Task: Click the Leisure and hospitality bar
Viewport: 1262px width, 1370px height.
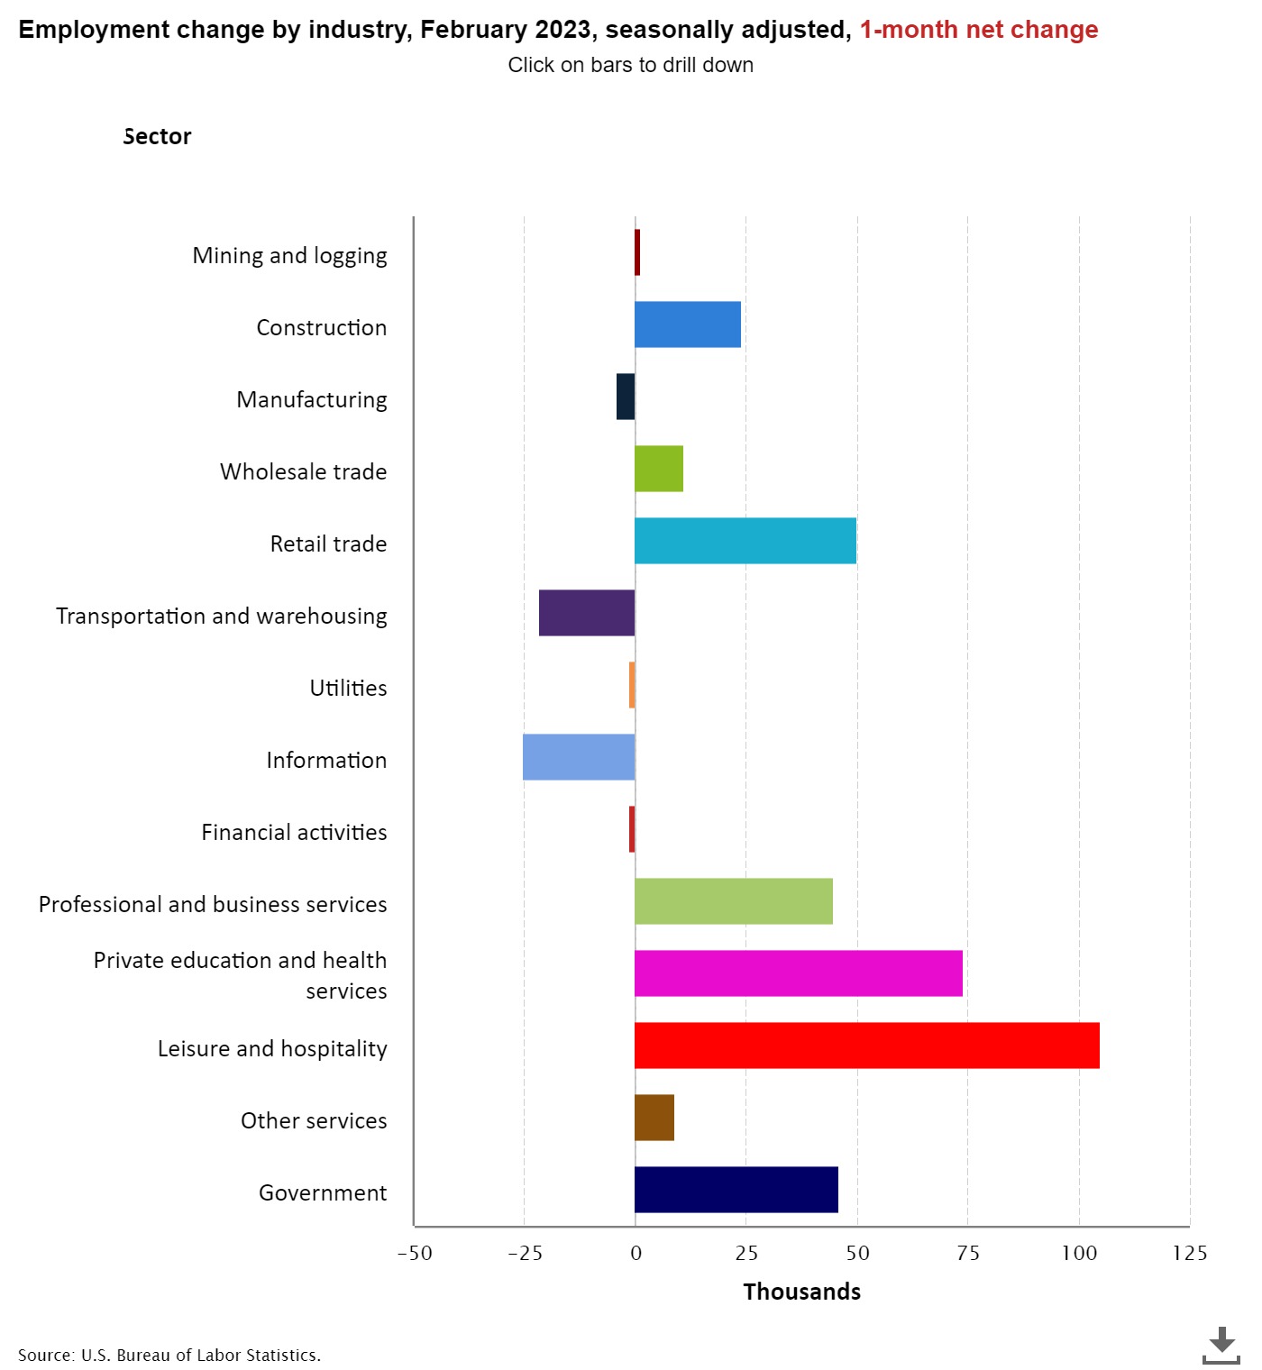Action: click(x=866, y=1046)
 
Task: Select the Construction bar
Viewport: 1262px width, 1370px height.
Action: click(x=688, y=324)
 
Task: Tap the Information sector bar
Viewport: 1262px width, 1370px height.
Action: click(x=579, y=757)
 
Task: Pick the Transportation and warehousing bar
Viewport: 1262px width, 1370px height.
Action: click(x=587, y=613)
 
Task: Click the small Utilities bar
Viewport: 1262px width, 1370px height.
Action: click(x=632, y=685)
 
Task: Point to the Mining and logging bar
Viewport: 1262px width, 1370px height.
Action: click(x=637, y=252)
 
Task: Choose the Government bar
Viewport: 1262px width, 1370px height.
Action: click(x=736, y=1190)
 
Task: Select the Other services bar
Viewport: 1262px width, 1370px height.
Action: click(x=654, y=1118)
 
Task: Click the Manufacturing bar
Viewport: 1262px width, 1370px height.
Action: click(x=626, y=397)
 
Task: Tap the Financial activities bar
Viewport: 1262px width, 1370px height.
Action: click(x=632, y=829)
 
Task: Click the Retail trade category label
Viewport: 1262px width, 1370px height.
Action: click(x=328, y=543)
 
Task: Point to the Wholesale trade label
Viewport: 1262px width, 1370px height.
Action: click(x=303, y=471)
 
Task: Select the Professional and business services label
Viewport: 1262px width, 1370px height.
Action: click(x=213, y=904)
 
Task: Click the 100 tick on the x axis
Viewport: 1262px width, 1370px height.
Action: click(x=1079, y=1253)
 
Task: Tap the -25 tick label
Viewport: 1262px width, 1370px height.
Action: click(x=525, y=1253)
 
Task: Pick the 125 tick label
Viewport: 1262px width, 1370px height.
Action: click(x=1189, y=1253)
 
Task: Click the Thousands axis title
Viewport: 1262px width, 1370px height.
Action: click(x=801, y=1292)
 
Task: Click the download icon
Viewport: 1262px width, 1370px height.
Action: click(x=1221, y=1344)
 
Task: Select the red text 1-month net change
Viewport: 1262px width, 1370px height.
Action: click(x=978, y=30)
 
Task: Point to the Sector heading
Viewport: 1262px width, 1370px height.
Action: click(x=157, y=136)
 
